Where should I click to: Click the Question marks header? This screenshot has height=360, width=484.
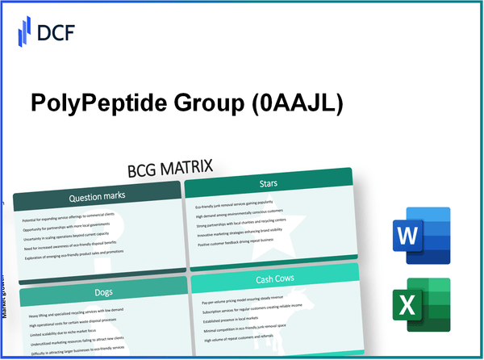click(97, 196)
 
